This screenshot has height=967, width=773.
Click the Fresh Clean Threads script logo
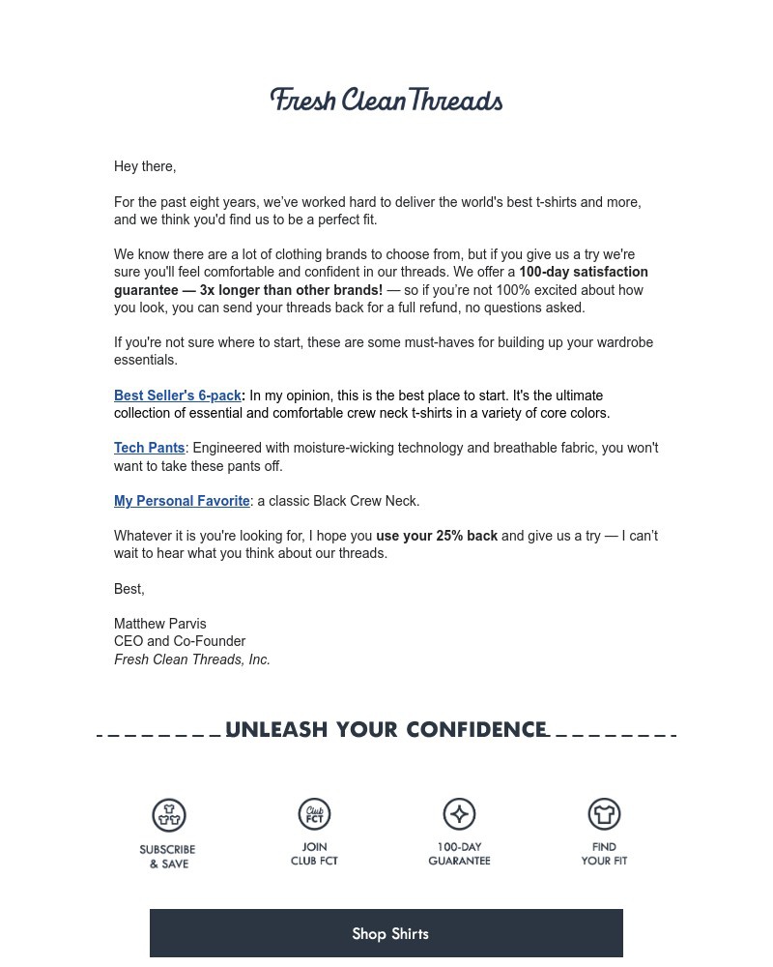click(386, 101)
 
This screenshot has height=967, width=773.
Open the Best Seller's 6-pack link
click(178, 396)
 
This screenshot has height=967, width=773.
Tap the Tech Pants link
click(150, 448)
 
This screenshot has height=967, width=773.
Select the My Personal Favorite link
click(182, 501)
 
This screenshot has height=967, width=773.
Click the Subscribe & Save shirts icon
click(169, 815)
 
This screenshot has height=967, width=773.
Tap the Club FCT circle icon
click(314, 814)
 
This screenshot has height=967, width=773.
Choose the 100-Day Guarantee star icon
click(459, 814)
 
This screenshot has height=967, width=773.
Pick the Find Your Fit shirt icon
click(604, 814)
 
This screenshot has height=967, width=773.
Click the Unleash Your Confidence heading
click(386, 730)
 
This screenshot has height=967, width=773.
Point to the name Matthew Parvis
click(160, 624)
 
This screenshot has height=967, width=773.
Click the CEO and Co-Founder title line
click(180, 641)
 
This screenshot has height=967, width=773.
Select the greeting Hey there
click(145, 166)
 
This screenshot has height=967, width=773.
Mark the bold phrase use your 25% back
click(437, 536)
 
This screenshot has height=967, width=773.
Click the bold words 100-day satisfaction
click(584, 272)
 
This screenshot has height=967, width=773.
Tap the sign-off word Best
click(129, 589)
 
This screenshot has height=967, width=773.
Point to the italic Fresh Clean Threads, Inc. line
click(192, 659)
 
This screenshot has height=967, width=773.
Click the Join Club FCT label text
click(314, 854)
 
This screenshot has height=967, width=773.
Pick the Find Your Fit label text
click(604, 854)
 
